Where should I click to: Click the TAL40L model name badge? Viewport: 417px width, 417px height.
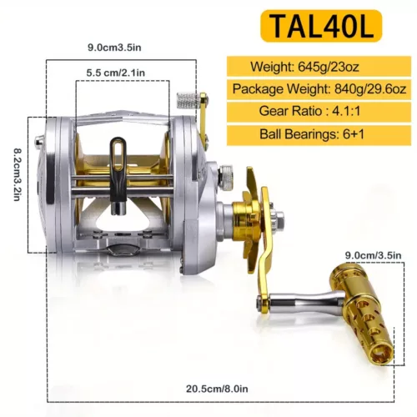[x=321, y=26]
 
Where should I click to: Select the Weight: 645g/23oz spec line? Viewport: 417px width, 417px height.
[x=304, y=67]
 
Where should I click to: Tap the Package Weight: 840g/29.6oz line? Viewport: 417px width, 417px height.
[x=319, y=88]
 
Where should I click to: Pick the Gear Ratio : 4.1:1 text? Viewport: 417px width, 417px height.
[x=309, y=111]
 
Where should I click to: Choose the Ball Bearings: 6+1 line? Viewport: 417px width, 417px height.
[x=312, y=134]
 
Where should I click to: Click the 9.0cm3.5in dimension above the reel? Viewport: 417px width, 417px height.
[x=114, y=48]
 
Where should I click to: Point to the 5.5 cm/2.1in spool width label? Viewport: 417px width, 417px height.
[x=116, y=73]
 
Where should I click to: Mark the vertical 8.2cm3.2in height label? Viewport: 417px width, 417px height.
[x=17, y=174]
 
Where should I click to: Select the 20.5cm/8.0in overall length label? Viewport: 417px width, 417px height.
[x=217, y=389]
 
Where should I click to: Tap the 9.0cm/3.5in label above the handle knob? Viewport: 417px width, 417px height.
[x=373, y=255]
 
